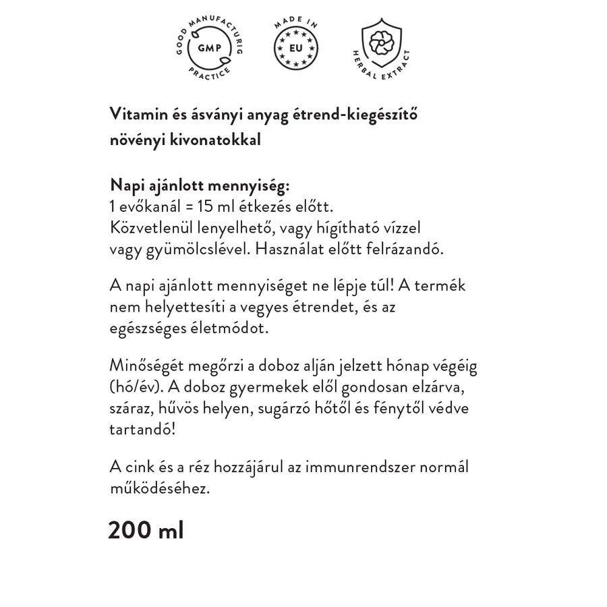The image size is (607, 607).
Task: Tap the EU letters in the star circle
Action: coord(295,48)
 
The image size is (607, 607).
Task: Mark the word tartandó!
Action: coord(142,429)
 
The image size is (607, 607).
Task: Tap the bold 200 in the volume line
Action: coord(129,530)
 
